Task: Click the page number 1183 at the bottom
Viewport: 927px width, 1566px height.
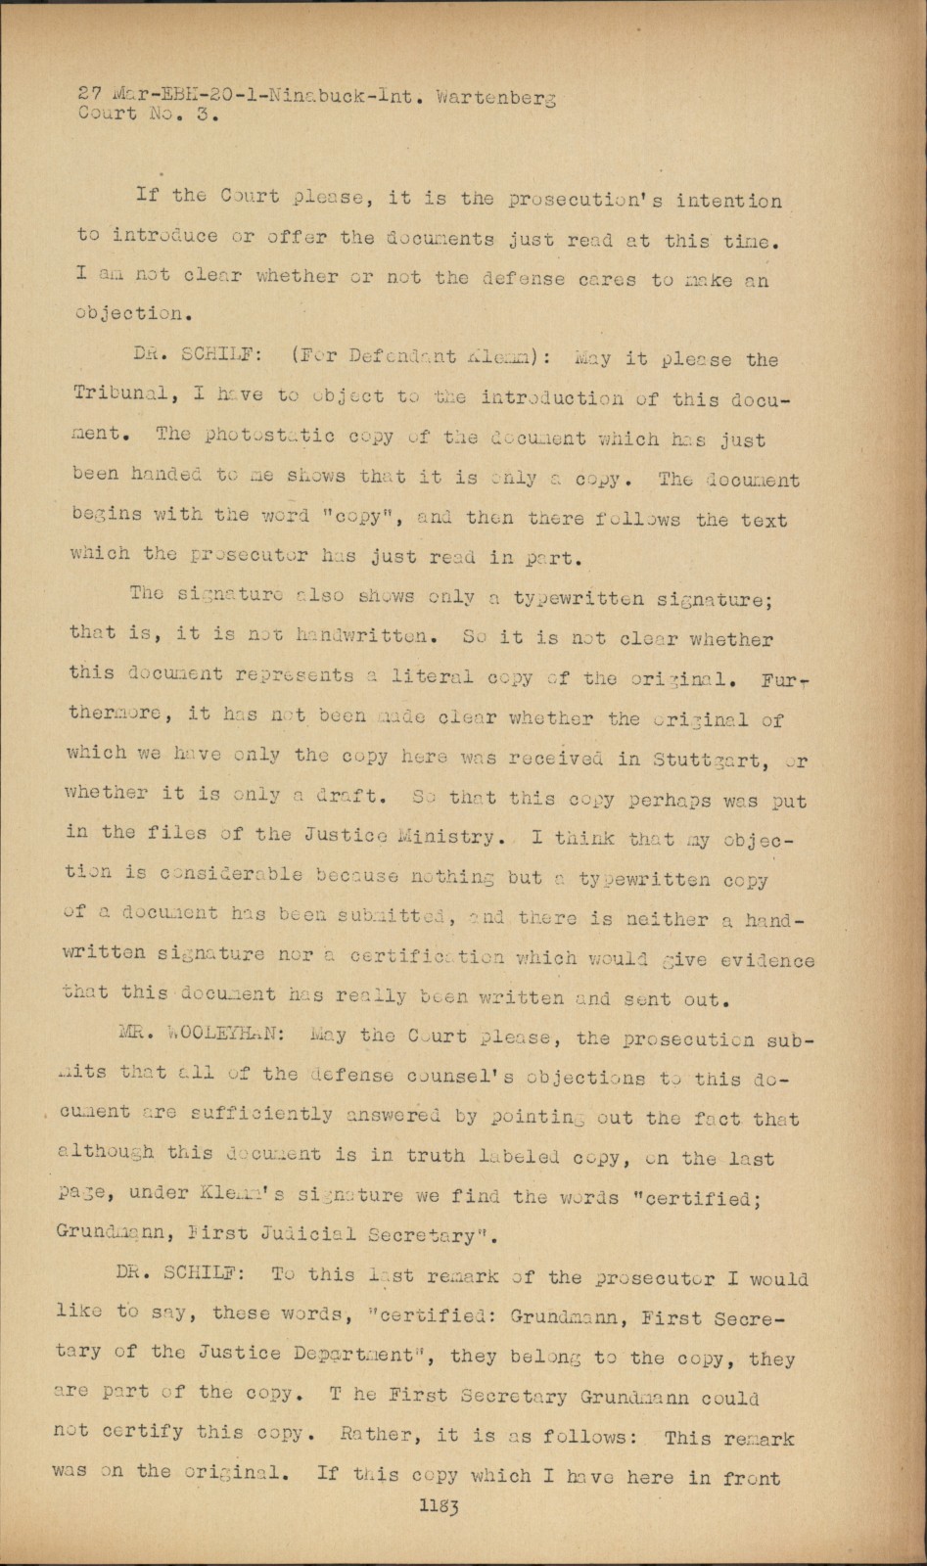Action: pos(440,1507)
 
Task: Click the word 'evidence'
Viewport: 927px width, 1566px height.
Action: pos(767,961)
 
